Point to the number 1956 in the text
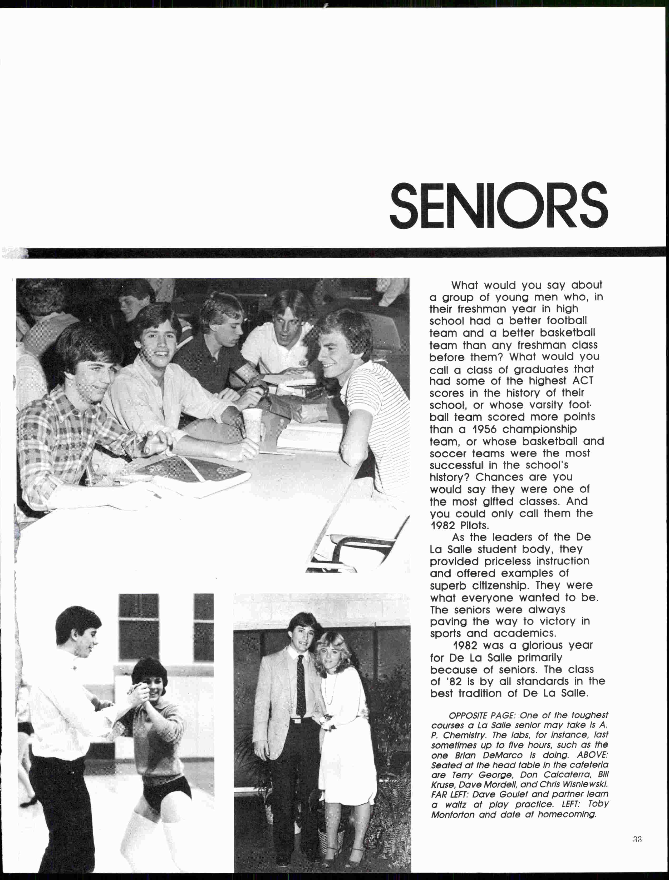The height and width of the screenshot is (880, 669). pos(488,429)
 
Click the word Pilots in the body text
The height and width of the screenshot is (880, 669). pos(474,525)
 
